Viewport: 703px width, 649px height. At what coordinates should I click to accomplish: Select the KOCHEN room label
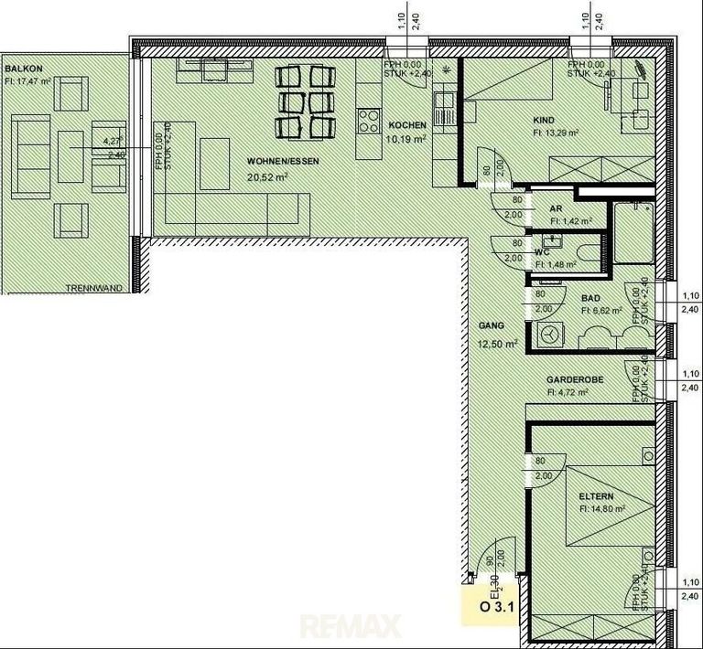407,125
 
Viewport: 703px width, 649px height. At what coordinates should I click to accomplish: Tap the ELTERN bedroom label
596,497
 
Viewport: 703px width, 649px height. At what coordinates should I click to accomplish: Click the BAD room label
590,298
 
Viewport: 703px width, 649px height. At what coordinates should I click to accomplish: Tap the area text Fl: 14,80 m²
601,509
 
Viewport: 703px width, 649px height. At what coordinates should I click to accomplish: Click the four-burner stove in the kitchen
369,119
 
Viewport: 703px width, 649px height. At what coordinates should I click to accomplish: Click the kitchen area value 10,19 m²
407,139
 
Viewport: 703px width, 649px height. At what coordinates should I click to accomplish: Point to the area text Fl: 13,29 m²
556,133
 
